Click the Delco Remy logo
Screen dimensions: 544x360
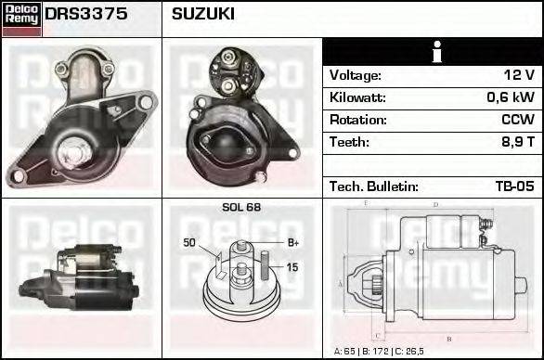21,19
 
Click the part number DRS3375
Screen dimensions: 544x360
86,14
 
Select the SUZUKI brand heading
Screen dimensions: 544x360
203,14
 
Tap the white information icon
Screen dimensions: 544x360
437,52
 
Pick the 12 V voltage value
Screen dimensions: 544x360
519,75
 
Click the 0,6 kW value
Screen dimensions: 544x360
511,97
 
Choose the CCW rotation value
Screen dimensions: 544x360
518,120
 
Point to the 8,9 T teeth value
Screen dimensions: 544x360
518,142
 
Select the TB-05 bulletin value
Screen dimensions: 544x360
515,186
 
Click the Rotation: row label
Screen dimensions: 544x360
358,120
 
